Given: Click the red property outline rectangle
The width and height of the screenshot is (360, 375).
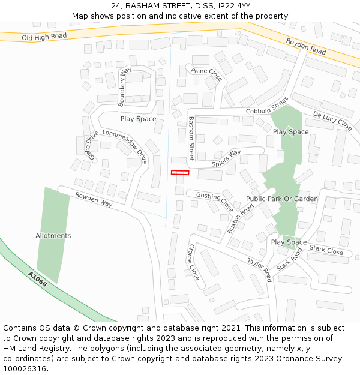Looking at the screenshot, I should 180,173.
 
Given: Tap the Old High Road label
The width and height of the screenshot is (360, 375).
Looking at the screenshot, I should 44,37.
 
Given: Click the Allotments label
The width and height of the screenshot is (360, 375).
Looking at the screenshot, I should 53,236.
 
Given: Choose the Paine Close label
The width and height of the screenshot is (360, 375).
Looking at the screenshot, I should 207,75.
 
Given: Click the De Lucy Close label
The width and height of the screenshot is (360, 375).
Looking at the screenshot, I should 332,121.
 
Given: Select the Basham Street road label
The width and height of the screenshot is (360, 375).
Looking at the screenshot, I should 191,138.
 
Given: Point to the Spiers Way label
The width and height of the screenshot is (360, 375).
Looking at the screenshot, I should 226,158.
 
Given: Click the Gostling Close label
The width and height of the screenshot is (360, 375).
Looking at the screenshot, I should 215,202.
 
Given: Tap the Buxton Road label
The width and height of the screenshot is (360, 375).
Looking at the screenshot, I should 241,218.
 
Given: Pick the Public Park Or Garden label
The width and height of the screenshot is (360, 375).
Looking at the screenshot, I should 282,199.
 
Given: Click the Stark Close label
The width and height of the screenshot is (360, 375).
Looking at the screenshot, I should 326,250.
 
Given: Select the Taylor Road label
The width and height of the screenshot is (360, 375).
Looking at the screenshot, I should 260,270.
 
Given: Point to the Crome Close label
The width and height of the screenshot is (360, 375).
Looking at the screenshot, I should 194,262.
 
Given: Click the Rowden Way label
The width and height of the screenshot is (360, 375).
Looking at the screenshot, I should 94,199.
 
